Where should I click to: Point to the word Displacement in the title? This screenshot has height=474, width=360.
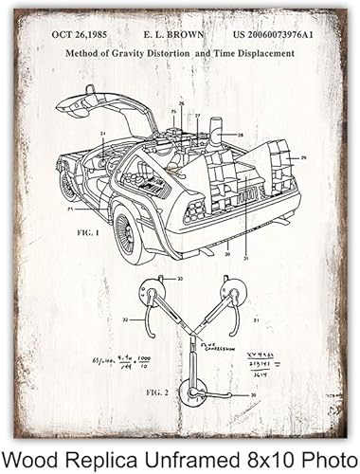tap(253, 53)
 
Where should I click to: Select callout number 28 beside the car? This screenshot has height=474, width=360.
tap(242, 136)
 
